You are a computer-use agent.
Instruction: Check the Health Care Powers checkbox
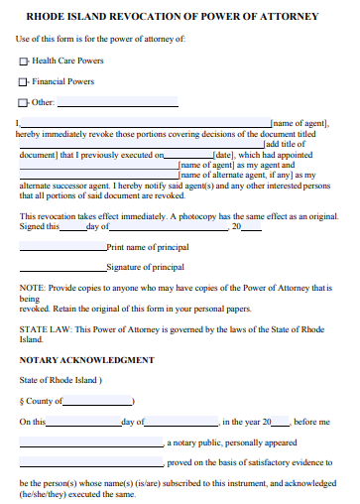23,61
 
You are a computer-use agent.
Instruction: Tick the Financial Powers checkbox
23,80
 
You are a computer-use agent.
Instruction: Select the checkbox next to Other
23,101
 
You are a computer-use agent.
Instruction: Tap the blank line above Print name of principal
62,248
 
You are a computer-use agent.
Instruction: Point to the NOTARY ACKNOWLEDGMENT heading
86,359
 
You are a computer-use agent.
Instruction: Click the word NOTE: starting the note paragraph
32,287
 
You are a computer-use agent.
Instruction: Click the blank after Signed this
72,228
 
